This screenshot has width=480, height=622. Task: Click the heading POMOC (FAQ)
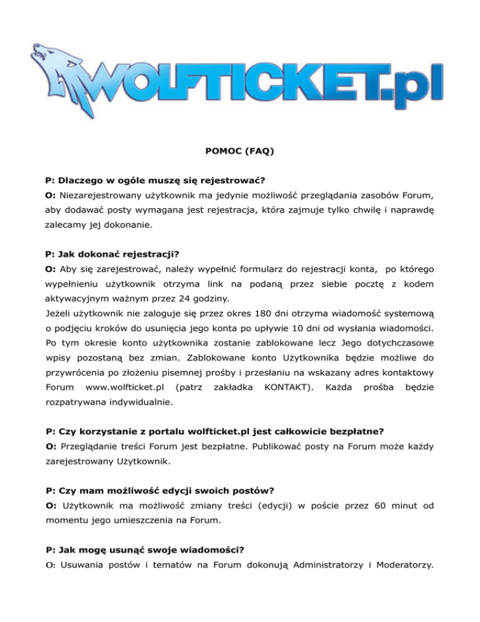tap(240, 151)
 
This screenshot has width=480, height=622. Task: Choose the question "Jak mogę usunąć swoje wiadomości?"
tap(145, 550)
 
